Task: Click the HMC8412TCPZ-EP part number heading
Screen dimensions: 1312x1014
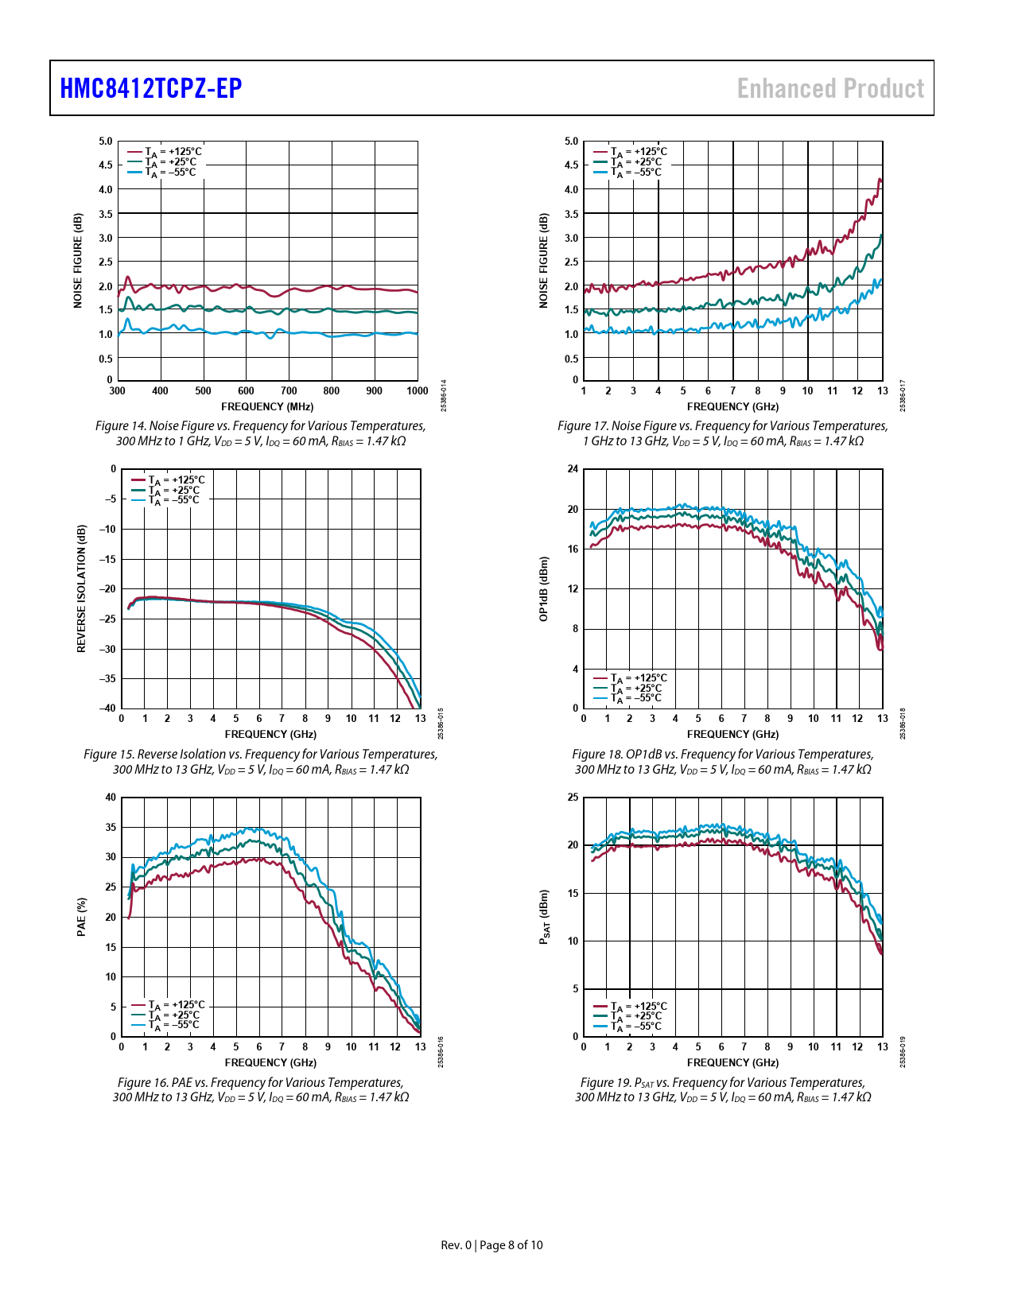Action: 151,88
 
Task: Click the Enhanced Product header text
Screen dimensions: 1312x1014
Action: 830,88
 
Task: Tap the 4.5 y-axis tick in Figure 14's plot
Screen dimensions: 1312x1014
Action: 106,165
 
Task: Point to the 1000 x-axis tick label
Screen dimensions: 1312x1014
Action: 418,391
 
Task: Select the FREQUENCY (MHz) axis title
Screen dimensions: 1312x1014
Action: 267,407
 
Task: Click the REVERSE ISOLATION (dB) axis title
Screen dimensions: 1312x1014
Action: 81,588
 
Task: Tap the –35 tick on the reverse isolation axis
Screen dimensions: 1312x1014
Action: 107,679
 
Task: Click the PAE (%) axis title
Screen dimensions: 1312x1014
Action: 81,917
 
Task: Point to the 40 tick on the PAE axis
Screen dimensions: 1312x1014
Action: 111,798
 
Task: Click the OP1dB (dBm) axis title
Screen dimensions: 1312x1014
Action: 544,588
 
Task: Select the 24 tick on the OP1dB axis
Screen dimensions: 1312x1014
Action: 573,469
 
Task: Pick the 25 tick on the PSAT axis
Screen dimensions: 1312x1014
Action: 573,798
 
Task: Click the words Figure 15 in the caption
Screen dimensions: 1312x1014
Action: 109,755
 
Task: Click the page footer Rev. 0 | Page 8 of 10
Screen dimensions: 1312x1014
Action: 491,1245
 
